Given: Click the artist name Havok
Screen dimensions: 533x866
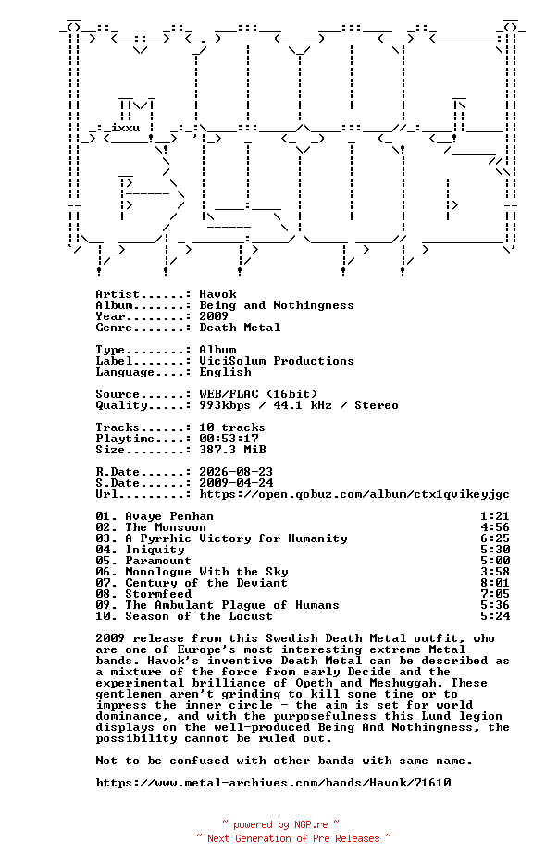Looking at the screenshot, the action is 217,294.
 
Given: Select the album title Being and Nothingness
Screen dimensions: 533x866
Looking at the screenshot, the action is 276,305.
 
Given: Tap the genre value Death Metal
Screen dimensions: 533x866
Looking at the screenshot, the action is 240,328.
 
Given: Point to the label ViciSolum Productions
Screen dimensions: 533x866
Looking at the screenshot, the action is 276,361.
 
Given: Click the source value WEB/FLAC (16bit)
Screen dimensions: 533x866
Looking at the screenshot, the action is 258,394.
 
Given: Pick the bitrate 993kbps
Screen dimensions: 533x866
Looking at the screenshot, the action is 225,405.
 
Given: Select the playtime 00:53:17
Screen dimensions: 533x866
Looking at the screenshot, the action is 229,438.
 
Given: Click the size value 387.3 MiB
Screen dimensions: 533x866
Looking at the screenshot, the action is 232,449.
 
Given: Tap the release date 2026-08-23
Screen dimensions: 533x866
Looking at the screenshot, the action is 236,472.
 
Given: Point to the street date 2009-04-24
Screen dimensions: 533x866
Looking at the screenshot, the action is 236,483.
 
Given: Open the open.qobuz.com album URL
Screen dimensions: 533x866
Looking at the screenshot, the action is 354,494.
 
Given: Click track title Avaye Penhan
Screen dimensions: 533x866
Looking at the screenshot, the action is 169,516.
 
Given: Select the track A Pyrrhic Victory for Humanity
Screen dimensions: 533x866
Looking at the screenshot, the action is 236,538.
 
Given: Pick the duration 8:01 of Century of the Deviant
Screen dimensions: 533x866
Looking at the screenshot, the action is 495,583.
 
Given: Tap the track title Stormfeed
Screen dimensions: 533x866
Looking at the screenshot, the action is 158,594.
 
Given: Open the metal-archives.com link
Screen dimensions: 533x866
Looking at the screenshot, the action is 273,783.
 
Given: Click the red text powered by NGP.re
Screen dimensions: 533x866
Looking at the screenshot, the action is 280,824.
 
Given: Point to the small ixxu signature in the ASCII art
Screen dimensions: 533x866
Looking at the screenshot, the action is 125,128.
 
